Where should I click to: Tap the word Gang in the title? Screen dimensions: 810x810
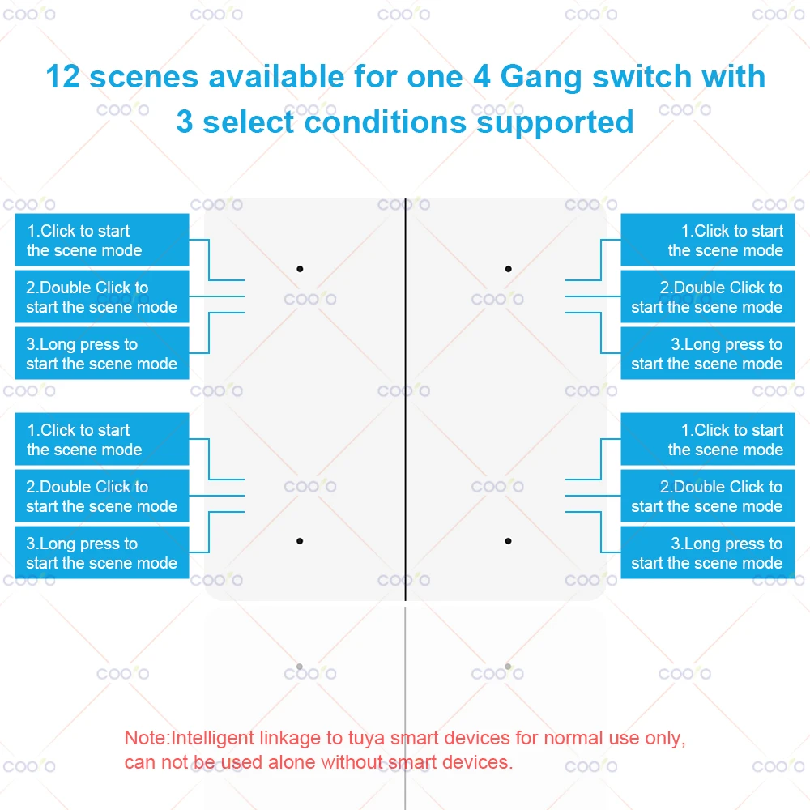[539, 77]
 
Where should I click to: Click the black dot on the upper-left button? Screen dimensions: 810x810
[300, 268]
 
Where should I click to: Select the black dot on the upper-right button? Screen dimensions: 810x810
[509, 268]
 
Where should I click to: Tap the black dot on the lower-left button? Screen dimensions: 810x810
[300, 540]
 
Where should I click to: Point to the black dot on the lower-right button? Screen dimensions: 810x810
[509, 540]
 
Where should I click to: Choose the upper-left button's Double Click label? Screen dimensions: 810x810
[102, 297]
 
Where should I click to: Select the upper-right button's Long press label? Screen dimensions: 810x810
[707, 354]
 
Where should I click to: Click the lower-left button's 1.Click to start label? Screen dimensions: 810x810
[102, 440]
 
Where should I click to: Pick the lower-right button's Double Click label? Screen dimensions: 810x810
[707, 497]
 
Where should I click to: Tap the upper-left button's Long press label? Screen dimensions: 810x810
[102, 354]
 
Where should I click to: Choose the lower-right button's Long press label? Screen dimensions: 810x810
[707, 553]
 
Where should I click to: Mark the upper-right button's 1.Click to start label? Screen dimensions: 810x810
[707, 241]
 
